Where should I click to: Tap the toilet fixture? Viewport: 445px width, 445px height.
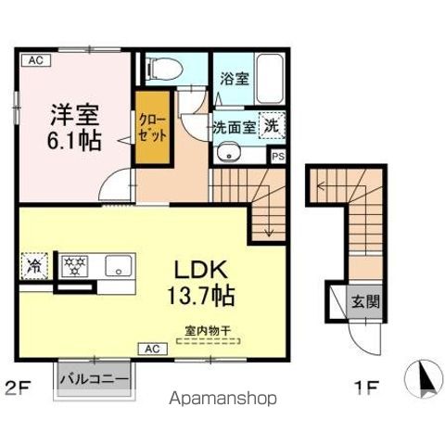click(163, 68)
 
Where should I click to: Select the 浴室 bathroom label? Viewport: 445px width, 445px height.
click(234, 80)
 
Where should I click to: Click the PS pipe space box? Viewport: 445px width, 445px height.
click(277, 157)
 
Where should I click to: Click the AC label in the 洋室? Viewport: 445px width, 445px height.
click(34, 60)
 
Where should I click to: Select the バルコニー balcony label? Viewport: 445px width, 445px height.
click(96, 379)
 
